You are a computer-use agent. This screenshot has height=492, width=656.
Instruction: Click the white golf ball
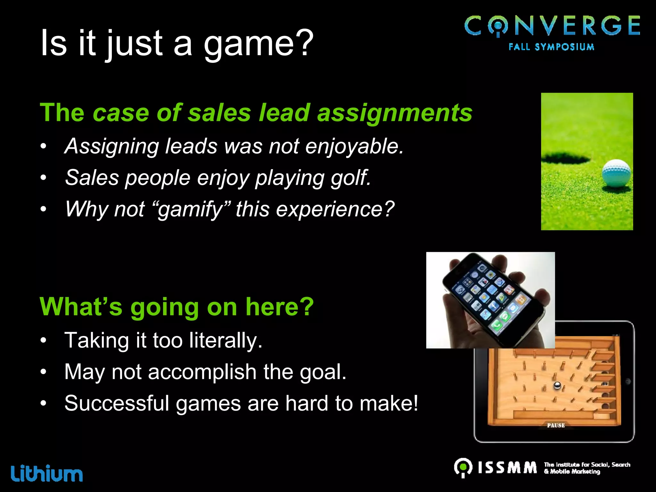click(x=616, y=173)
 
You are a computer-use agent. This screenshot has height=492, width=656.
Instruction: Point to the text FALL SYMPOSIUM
click(x=551, y=47)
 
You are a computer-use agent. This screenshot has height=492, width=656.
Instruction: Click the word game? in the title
click(x=258, y=43)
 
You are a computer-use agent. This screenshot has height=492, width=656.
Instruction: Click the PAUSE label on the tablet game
click(x=556, y=425)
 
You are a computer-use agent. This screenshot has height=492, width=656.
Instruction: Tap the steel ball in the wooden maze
click(x=557, y=385)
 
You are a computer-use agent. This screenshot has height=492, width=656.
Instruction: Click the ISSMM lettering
click(x=507, y=468)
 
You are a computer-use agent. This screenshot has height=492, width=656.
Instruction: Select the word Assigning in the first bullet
click(x=111, y=146)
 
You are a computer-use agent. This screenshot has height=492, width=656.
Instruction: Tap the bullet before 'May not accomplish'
click(x=44, y=372)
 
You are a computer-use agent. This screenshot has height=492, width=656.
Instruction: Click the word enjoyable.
click(x=354, y=146)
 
